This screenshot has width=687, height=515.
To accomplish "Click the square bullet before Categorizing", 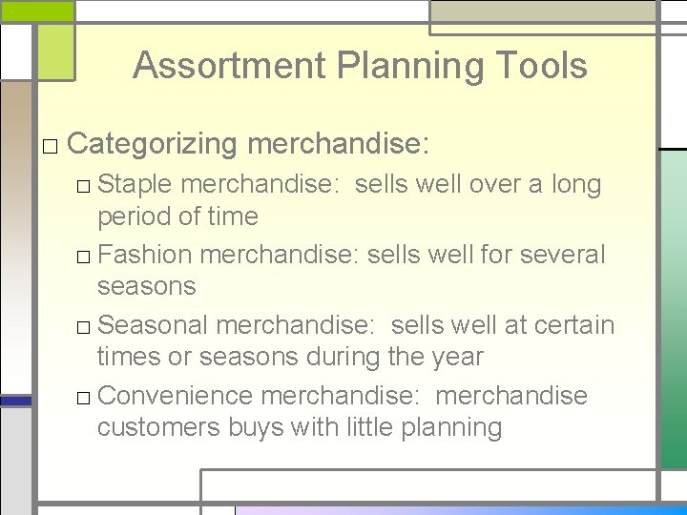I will (x=51, y=146).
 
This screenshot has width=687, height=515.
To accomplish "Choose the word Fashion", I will (x=145, y=255).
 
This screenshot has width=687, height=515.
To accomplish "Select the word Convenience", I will (x=175, y=396).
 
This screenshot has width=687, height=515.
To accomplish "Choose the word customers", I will (x=158, y=428).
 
